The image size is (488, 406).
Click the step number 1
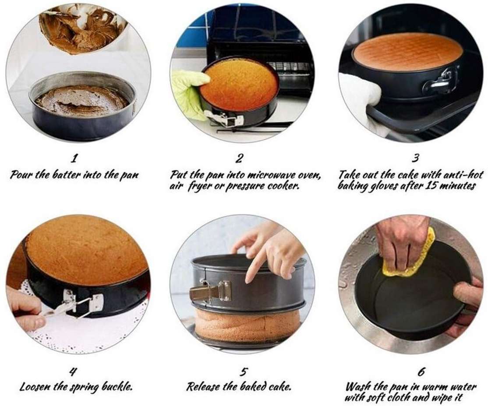click(x=74, y=158)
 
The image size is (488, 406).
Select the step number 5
click(x=244, y=372)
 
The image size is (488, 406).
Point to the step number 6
click(x=421, y=372)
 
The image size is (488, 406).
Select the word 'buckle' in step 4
click(x=118, y=387)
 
